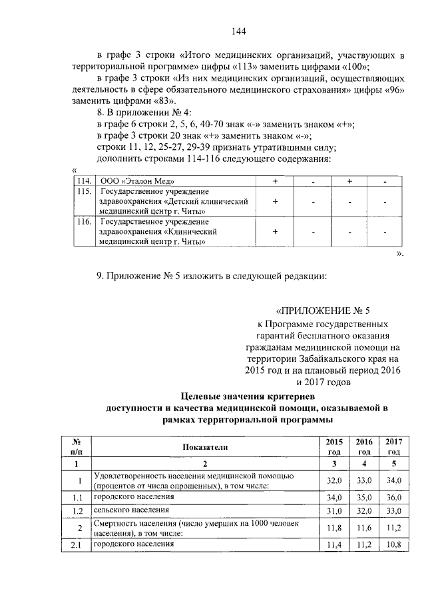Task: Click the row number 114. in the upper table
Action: coord(84,181)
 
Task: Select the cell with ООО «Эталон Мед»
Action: coord(136,181)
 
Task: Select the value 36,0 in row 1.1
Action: coord(393,497)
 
